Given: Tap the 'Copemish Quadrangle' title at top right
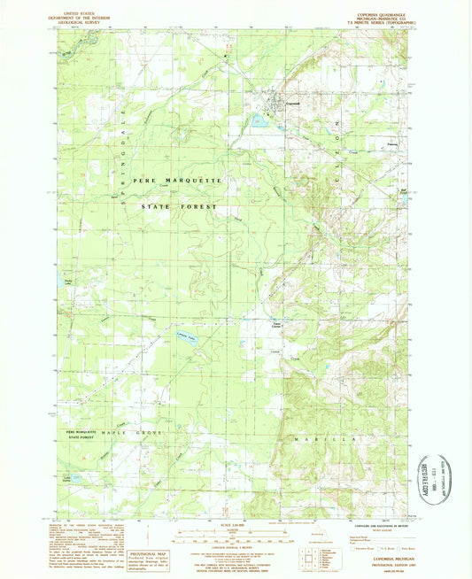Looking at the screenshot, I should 382,10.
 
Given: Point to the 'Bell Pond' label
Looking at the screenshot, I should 406,189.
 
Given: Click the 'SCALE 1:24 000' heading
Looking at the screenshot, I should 232,524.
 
